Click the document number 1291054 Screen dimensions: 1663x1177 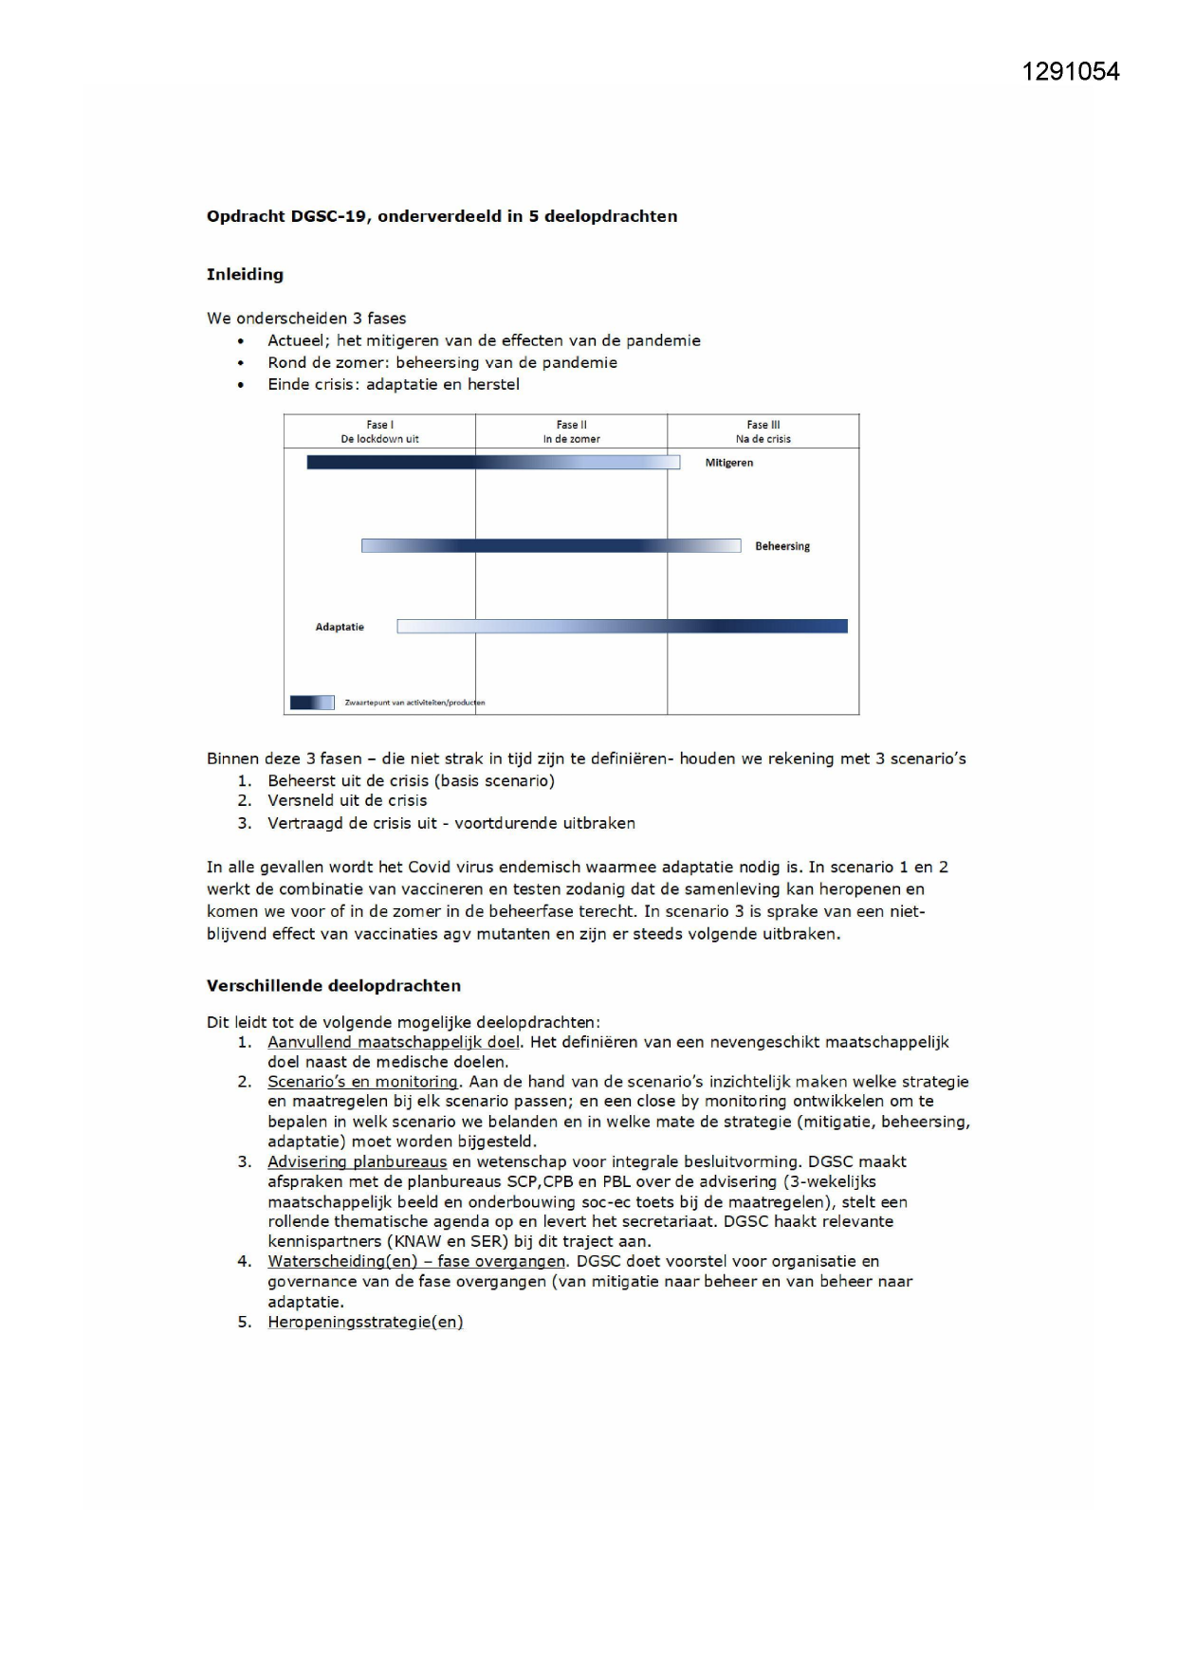point(1070,72)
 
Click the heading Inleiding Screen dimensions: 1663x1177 point(245,274)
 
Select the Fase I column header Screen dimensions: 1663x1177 point(379,431)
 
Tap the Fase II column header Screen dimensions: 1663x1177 point(571,431)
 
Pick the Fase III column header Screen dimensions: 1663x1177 point(763,431)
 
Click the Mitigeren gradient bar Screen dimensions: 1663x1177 point(493,463)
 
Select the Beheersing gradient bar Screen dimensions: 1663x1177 point(550,546)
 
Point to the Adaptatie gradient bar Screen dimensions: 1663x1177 point(622,626)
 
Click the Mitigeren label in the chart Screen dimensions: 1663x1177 point(728,463)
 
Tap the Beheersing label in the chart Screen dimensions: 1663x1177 point(782,546)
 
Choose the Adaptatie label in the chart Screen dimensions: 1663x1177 point(340,627)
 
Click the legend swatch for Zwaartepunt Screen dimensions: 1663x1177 point(312,703)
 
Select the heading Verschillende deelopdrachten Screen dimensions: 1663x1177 point(334,985)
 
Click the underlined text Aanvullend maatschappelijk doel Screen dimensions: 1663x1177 point(394,1042)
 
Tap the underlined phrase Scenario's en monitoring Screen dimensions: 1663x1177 point(363,1082)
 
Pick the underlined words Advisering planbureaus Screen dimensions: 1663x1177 point(357,1161)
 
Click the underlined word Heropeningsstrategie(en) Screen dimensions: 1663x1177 point(365,1322)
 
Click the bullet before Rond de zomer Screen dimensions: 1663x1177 point(241,363)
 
